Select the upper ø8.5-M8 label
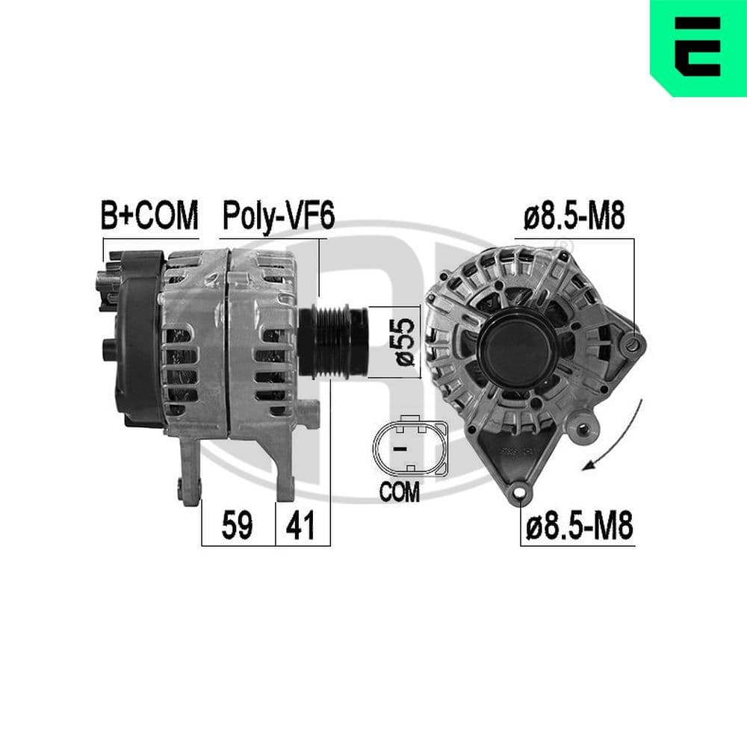click(574, 217)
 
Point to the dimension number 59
click(238, 527)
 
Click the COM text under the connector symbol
click(400, 492)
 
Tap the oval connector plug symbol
click(409, 448)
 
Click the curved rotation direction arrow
click(619, 441)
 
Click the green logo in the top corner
click(698, 46)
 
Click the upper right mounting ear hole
click(635, 344)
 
